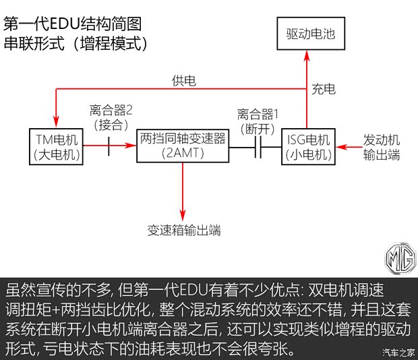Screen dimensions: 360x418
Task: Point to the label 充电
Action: tap(323, 89)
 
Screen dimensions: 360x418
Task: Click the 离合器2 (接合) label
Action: tap(111, 116)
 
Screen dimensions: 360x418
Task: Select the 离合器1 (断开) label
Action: tap(258, 120)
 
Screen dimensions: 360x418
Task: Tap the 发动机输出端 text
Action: tap(382, 147)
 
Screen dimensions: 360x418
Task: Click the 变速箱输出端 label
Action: tap(184, 230)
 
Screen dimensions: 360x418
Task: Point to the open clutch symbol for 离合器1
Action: tap(258, 146)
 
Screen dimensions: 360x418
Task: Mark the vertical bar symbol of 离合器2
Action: tap(109, 145)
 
